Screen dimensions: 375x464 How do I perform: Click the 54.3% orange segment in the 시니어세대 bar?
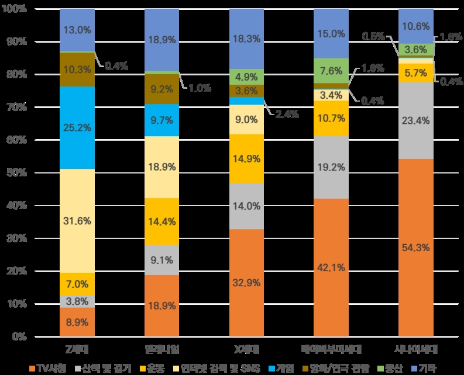click(x=416, y=248)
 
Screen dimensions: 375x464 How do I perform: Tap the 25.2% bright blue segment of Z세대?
click(x=77, y=127)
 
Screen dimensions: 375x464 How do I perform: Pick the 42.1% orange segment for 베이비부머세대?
click(x=331, y=268)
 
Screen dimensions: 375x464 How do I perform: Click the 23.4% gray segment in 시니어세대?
click(x=416, y=120)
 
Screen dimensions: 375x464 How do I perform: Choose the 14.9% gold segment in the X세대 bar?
click(x=246, y=159)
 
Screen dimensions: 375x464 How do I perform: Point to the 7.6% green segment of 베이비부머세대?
click(x=331, y=71)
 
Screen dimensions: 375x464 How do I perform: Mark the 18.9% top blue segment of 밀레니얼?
click(x=162, y=40)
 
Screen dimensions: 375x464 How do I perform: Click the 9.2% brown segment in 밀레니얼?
click(x=162, y=90)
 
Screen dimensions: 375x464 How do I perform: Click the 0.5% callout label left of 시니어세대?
click(x=373, y=36)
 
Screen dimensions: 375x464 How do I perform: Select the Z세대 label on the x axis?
click(x=77, y=349)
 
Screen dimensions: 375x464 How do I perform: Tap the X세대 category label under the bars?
click(x=246, y=349)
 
